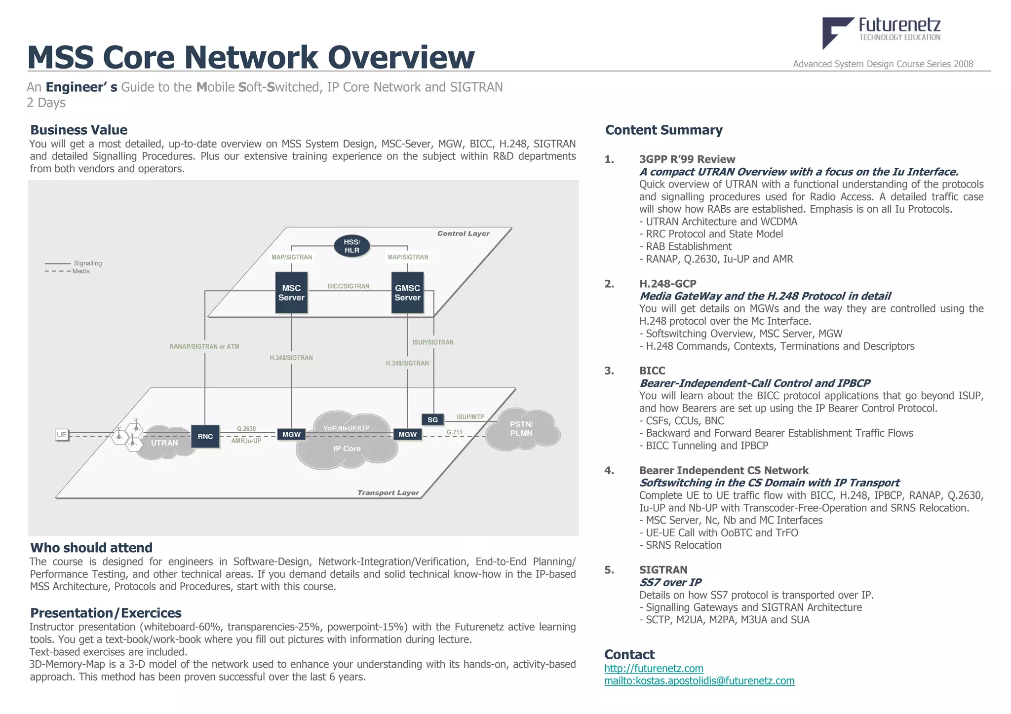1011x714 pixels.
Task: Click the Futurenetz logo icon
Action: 836,32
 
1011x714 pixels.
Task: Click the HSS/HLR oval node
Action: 351,246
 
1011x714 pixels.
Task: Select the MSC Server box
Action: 291,293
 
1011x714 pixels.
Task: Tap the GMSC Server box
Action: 407,293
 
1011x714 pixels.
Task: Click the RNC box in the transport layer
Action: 205,436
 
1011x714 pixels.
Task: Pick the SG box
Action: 432,419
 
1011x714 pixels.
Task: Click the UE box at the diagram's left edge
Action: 62,435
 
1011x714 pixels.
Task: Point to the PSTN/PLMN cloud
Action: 521,429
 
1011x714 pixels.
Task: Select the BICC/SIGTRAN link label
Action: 349,286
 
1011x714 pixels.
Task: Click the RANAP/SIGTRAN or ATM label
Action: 204,346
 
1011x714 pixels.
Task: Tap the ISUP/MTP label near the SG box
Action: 470,417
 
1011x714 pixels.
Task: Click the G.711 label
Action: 454,432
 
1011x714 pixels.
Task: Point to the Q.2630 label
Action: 246,429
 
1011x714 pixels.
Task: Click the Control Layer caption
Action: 463,233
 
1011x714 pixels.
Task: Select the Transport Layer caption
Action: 388,492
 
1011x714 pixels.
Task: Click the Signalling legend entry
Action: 87,263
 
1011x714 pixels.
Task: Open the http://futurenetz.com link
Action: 654,668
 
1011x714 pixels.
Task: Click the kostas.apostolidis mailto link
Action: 699,681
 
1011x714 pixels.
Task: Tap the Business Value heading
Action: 79,130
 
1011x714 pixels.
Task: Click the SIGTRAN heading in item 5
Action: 663,570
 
